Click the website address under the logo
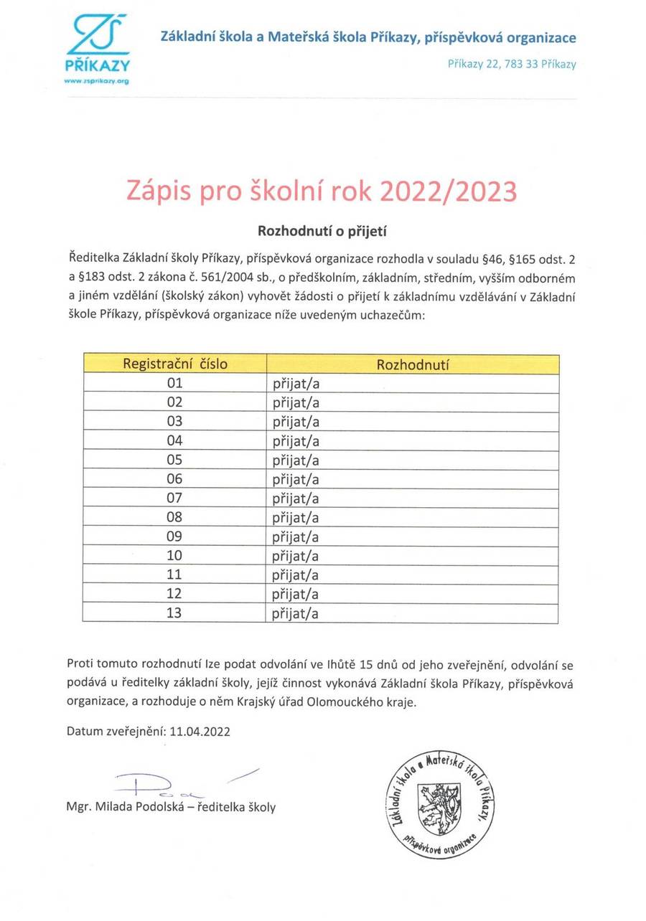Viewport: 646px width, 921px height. [x=96, y=81]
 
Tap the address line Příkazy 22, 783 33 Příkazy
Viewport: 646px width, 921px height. [x=511, y=65]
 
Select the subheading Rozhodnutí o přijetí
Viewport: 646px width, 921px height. [x=322, y=231]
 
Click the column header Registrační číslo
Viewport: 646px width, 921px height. [x=175, y=364]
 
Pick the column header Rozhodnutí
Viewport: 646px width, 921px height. [x=413, y=364]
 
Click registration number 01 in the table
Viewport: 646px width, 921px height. [x=175, y=383]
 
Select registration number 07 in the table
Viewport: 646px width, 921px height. [x=175, y=498]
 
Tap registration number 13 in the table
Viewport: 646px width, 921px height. [x=175, y=613]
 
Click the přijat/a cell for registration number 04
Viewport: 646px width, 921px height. [x=296, y=441]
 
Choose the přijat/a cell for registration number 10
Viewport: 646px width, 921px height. [x=296, y=556]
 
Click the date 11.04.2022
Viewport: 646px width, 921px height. [x=200, y=732]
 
